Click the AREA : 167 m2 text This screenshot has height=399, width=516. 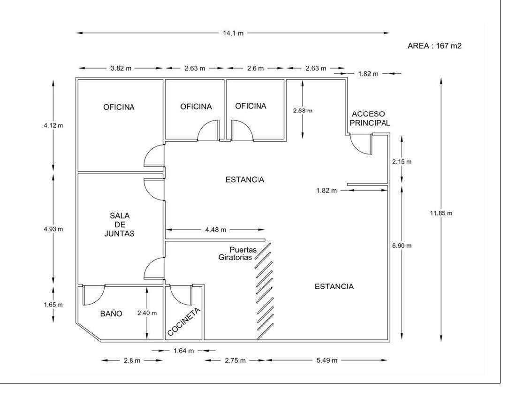coord(434,46)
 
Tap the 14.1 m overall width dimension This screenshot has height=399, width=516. coord(233,33)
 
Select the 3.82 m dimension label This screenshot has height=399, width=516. coord(121,68)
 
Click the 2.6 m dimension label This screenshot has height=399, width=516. coord(255,68)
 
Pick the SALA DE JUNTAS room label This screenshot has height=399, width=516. coord(120,224)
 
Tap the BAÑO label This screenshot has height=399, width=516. coord(111,314)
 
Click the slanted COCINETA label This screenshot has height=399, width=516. coord(183,322)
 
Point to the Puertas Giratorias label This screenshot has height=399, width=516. coord(237,253)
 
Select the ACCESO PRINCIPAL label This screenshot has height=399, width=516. coord(370,118)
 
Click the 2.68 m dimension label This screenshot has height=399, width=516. coord(303,111)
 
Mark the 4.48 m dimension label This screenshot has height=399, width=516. coord(216,230)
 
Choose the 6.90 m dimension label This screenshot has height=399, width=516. coord(402,246)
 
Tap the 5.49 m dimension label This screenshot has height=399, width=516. coord(327,361)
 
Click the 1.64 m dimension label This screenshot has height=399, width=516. coord(183,351)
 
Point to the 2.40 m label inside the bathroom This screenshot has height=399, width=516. coord(147,313)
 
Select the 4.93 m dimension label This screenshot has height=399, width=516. coord(53,229)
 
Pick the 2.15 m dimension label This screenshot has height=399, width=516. coord(402,161)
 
